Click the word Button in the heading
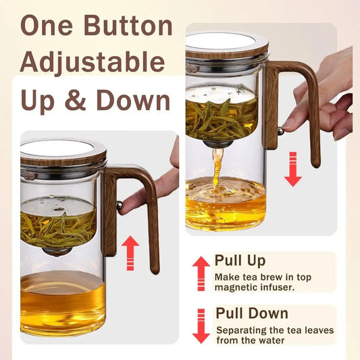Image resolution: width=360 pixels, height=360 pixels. pos(128,25)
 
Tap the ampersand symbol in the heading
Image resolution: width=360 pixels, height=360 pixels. pos(76,100)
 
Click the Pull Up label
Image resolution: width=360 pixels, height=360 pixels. pos(240,261)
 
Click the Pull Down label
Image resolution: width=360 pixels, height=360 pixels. pos(252,313)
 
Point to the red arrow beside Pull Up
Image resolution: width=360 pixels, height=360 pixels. pos(201,274)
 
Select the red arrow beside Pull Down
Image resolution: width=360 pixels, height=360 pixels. pos(201,326)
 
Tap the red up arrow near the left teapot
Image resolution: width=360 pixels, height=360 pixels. pos(130,253)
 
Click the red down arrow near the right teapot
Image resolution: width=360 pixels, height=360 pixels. pos(293,170)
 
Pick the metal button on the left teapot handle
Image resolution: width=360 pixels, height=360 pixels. pos(120,205)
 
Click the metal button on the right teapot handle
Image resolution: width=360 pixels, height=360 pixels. pos(280,131)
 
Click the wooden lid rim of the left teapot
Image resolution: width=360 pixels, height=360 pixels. pos(63,159)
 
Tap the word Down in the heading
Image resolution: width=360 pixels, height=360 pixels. pos(133,100)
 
